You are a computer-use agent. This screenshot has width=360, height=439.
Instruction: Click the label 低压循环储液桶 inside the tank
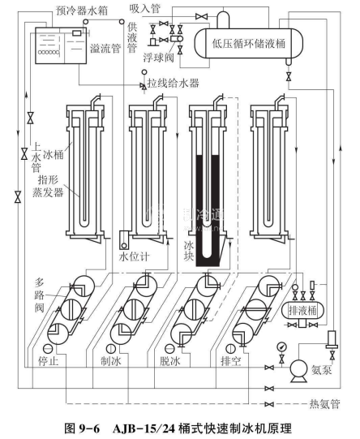[249, 44]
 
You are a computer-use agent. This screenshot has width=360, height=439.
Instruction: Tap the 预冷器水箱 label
[82, 11]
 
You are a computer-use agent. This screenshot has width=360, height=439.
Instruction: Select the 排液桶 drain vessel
[302, 310]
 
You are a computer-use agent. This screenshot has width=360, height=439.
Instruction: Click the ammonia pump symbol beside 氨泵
[298, 370]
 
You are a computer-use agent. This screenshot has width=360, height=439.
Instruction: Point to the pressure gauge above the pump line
[281, 347]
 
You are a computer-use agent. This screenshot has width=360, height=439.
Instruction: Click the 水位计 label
[135, 257]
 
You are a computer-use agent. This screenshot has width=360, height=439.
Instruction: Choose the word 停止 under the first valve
[49, 361]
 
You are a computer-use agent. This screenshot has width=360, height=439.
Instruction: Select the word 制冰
[111, 361]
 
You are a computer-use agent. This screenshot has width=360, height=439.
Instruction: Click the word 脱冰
[170, 361]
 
